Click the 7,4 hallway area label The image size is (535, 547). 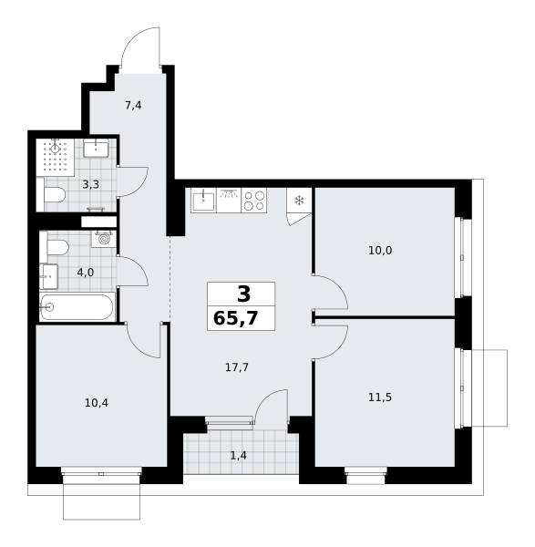click(133, 105)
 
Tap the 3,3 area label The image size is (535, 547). click(90, 184)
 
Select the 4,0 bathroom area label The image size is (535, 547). click(86, 273)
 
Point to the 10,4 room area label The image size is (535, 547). click(97, 403)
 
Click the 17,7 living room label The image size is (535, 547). click(237, 367)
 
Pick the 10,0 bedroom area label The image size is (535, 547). click(380, 250)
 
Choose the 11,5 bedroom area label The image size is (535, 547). click(380, 397)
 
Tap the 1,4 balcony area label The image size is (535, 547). click(239, 455)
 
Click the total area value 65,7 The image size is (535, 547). click(236, 318)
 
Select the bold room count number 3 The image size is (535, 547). click(243, 294)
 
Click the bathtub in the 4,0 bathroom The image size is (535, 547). click(77, 307)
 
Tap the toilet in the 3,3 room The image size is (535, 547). click(55, 195)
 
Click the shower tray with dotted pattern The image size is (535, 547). click(55, 157)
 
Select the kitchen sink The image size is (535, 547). click(203, 201)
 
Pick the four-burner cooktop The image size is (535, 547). click(254, 201)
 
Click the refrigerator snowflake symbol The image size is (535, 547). click(299, 201)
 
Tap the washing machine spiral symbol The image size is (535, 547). click(104, 239)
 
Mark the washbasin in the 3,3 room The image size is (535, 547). click(96, 148)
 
